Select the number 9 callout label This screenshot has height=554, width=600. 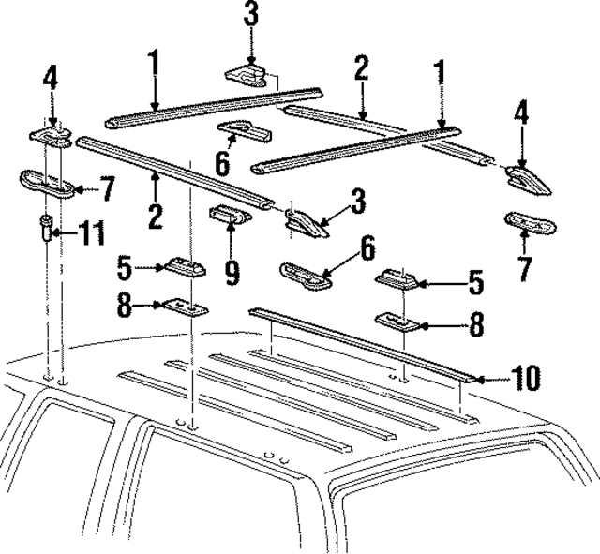pos(232,272)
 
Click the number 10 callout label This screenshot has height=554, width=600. pos(526,378)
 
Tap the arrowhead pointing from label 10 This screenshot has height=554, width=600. pos(478,378)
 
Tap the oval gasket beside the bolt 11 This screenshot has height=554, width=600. pos(47,184)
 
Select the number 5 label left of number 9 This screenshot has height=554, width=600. pos(124,268)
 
